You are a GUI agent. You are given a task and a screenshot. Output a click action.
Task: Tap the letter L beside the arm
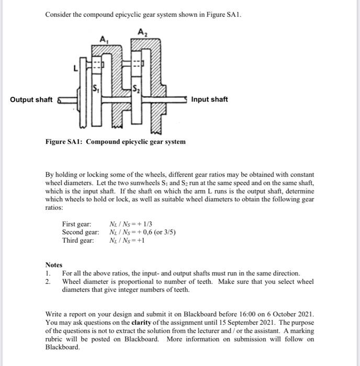[x=75, y=68]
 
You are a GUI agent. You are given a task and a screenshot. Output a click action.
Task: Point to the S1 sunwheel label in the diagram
[x=96, y=87]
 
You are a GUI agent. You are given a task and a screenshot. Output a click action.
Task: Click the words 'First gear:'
[x=76, y=224]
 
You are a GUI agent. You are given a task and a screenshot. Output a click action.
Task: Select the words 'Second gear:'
[x=80, y=232]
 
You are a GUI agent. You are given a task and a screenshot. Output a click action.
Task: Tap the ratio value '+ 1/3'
[x=144, y=224]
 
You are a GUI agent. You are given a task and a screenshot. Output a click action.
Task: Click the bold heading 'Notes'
[x=54, y=265]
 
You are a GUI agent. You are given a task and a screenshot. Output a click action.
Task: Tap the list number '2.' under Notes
[x=48, y=281]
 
